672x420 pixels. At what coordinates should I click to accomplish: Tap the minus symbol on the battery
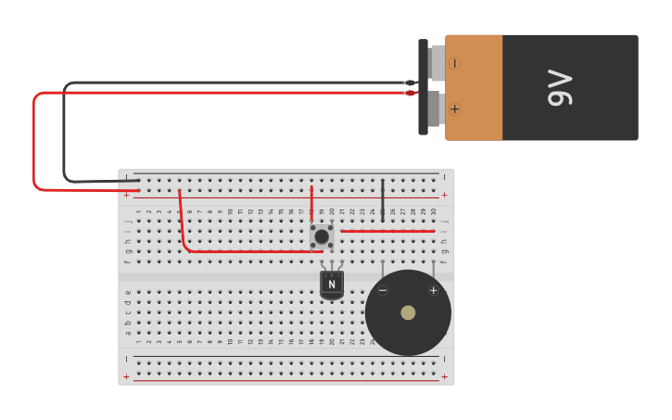pyautogui.click(x=454, y=63)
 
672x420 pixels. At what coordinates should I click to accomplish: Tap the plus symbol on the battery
pyautogui.click(x=454, y=108)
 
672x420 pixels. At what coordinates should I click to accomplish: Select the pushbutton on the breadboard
pyautogui.click(x=322, y=236)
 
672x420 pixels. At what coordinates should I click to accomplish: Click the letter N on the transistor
pyautogui.click(x=332, y=285)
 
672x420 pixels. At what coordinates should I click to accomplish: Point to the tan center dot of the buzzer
pyautogui.click(x=408, y=312)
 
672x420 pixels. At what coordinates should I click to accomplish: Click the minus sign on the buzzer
pyautogui.click(x=383, y=290)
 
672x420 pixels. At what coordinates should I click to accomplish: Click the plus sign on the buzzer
pyautogui.click(x=433, y=290)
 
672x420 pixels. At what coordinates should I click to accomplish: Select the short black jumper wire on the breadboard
pyautogui.click(x=383, y=197)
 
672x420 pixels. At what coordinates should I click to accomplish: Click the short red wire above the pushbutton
pyautogui.click(x=311, y=204)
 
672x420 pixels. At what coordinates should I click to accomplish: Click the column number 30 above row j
pyautogui.click(x=433, y=212)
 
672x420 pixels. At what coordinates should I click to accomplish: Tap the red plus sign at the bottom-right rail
pyautogui.click(x=444, y=376)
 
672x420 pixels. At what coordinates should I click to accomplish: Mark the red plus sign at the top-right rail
pyautogui.click(x=444, y=195)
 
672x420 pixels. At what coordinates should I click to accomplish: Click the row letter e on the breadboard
pyautogui.click(x=128, y=292)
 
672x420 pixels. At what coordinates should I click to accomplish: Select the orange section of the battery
pyautogui.click(x=474, y=87)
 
